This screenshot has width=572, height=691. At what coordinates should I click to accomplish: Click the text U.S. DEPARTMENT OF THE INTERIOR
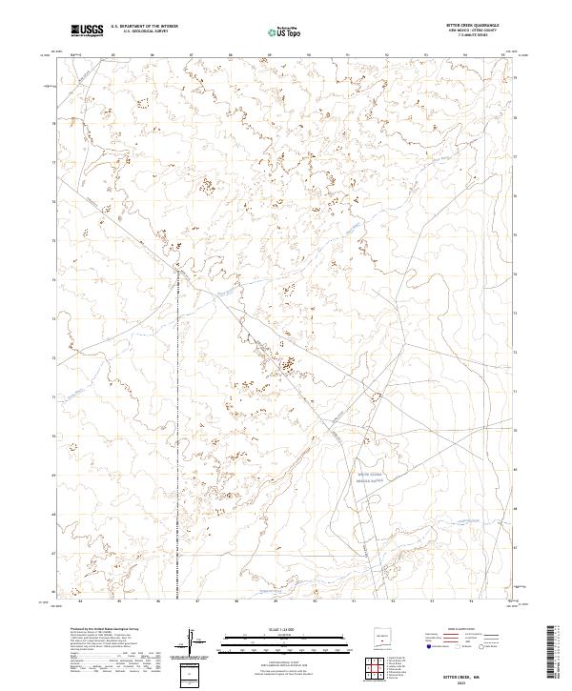point(145,28)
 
